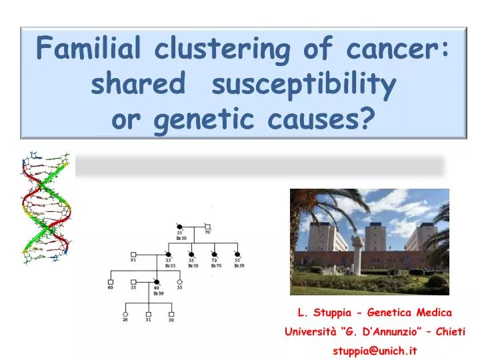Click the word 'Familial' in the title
point(89,48)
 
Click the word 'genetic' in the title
point(202,119)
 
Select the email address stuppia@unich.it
point(375,351)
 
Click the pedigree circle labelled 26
point(125,313)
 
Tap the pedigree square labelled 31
point(148,313)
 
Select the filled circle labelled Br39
point(157,282)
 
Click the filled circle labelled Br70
point(215,254)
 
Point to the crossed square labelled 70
point(207,226)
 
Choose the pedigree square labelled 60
point(111,282)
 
